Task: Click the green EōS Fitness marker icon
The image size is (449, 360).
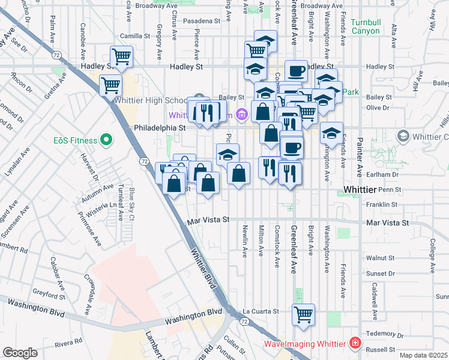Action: click(x=107, y=140)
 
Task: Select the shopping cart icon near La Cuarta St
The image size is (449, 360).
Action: click(x=304, y=313)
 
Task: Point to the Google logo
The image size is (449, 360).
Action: click(x=20, y=352)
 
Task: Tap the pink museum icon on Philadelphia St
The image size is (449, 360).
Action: click(x=241, y=114)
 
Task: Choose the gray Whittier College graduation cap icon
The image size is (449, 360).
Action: click(x=402, y=136)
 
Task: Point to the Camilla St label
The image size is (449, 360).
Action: click(x=134, y=36)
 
